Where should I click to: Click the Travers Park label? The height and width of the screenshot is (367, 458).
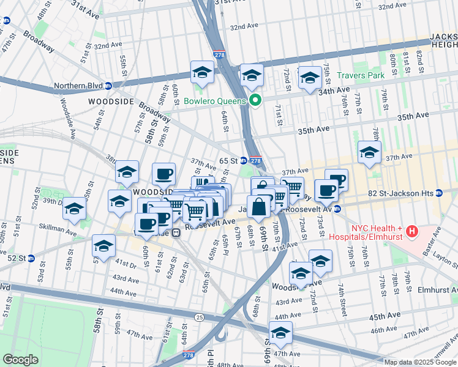pos(361,75)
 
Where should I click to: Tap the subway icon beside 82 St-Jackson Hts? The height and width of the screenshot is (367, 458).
pos(439,193)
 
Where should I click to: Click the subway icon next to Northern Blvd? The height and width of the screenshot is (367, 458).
pos(108,86)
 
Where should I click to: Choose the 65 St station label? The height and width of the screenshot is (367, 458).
pos(228,160)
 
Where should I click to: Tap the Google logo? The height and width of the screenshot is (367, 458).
pos(21,360)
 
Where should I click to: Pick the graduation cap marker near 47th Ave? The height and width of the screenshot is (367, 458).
pos(280,333)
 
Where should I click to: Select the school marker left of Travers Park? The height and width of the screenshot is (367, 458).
pos(310,78)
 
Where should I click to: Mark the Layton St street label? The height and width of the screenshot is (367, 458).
pos(445,260)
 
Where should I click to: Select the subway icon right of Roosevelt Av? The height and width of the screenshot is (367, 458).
pos(337,209)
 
